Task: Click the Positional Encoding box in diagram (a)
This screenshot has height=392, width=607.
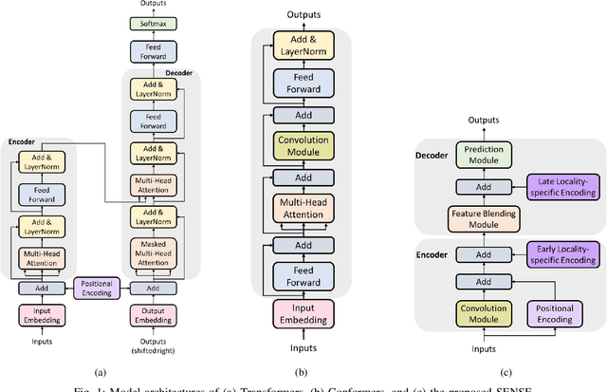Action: pyautogui.click(x=100, y=260)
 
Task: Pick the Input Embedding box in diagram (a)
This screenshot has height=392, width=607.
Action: pyautogui.click(x=41, y=289)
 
